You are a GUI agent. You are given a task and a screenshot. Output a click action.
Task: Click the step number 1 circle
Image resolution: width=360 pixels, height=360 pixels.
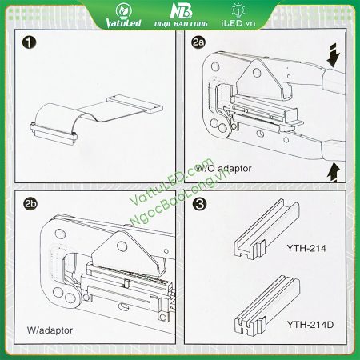click(x=29, y=42)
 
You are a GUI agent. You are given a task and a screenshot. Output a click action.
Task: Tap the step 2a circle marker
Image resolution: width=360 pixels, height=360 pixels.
click(x=198, y=42)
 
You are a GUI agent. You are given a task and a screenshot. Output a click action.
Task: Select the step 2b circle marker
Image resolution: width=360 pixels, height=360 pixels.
click(x=30, y=204)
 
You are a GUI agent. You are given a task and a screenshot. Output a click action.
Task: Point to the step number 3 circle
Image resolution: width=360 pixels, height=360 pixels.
click(x=199, y=204)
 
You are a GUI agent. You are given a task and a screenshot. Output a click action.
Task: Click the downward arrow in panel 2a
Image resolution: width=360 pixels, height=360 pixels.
click(x=334, y=56)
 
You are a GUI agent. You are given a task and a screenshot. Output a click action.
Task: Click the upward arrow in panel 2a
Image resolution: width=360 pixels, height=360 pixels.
click(x=334, y=173)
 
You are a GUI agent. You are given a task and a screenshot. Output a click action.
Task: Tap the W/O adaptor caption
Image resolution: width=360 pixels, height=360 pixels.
click(x=223, y=169)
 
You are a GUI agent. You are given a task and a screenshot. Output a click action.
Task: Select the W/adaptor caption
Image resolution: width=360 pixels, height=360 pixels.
click(x=50, y=330)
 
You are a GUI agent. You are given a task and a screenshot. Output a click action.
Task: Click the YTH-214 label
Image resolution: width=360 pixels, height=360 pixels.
click(x=306, y=248)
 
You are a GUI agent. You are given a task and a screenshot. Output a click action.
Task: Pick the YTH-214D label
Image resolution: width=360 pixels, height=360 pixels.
click(x=310, y=325)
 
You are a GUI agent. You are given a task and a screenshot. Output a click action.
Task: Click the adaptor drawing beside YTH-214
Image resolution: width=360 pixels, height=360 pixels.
click(x=266, y=230)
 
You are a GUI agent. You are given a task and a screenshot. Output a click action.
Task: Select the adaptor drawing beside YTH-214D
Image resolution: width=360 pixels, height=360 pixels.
click(x=267, y=306)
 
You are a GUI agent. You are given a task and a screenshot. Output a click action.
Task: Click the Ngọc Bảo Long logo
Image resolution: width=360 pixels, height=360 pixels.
click(x=181, y=15)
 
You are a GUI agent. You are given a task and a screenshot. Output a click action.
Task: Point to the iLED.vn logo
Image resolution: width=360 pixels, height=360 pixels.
click(x=238, y=15)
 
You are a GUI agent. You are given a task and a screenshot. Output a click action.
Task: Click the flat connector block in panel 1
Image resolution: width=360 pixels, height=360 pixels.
click(x=134, y=104)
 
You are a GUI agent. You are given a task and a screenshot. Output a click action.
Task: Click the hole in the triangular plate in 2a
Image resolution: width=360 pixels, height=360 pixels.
click(x=257, y=72)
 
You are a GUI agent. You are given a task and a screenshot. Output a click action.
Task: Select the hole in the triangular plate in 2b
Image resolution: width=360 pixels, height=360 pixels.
click(x=122, y=246)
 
